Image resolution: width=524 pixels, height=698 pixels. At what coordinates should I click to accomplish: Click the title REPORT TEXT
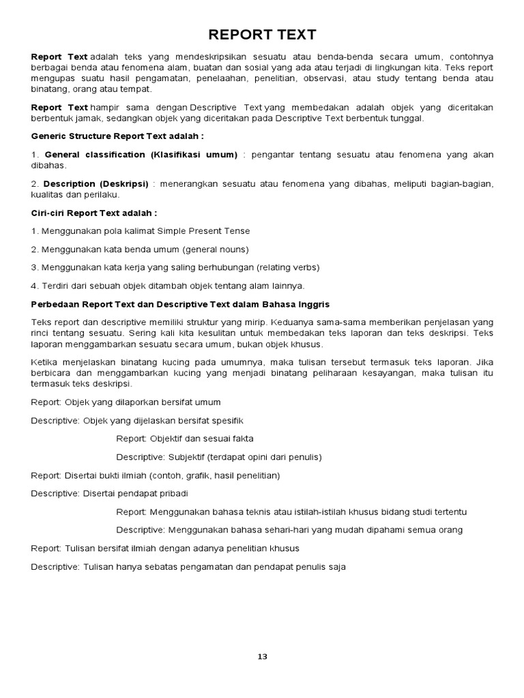(262, 35)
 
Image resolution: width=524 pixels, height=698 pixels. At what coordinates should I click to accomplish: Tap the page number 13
(262, 656)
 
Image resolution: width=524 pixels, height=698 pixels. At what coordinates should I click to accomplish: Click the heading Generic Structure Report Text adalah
(117, 136)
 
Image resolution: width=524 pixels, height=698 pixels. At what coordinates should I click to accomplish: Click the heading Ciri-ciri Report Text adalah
(94, 213)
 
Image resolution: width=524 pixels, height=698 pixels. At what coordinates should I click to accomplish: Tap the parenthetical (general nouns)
(212, 249)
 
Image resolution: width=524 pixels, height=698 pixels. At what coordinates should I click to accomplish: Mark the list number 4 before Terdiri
(33, 285)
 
